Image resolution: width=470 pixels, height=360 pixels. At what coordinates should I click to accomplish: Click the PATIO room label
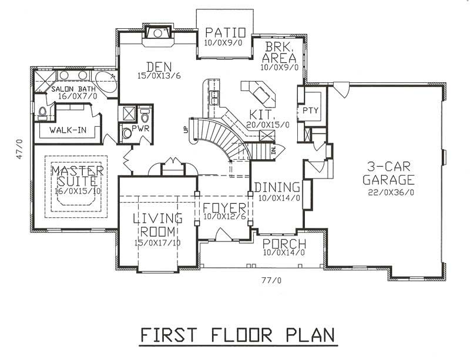(x=221, y=32)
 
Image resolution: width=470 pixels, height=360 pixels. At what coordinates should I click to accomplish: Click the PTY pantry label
(x=310, y=110)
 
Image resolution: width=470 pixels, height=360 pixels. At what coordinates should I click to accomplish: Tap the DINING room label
(x=277, y=187)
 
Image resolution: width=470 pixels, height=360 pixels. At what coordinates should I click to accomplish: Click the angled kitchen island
(x=257, y=91)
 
